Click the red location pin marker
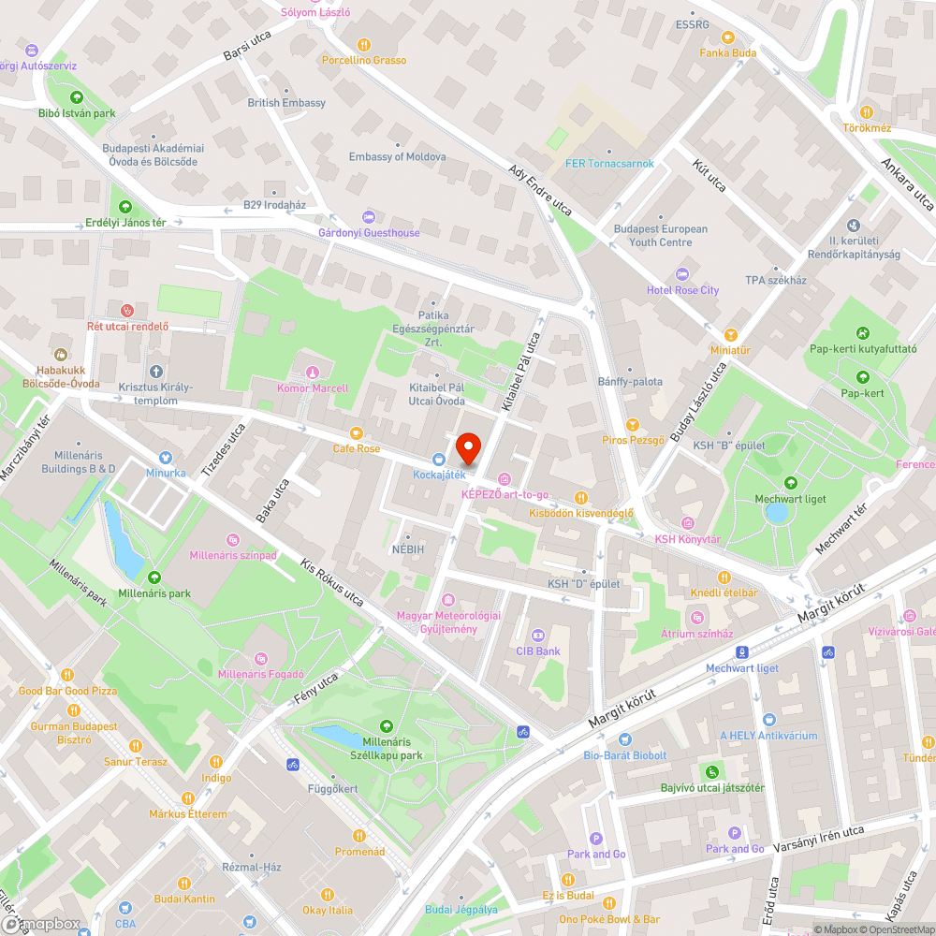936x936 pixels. tap(468, 449)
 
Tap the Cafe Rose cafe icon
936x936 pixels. tap(356, 432)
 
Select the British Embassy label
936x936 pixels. tap(286, 103)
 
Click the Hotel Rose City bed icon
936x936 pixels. tap(682, 273)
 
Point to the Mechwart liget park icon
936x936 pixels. tap(791, 483)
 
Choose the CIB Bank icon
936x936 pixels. tap(537, 635)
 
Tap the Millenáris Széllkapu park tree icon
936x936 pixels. tap(387, 726)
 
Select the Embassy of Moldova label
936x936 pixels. tap(397, 157)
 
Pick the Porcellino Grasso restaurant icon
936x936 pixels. tap(364, 44)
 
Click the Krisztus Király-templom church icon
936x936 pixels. tap(155, 371)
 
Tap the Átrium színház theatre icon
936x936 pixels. tap(696, 617)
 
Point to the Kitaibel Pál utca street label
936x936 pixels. tap(522, 374)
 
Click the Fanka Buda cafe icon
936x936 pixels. tap(728, 37)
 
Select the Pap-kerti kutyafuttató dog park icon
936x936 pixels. tap(861, 333)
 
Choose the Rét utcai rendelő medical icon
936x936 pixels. tap(127, 310)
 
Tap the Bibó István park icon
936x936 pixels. tap(77, 96)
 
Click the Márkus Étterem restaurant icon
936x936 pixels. tap(187, 797)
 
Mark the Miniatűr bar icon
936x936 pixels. tap(731, 334)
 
